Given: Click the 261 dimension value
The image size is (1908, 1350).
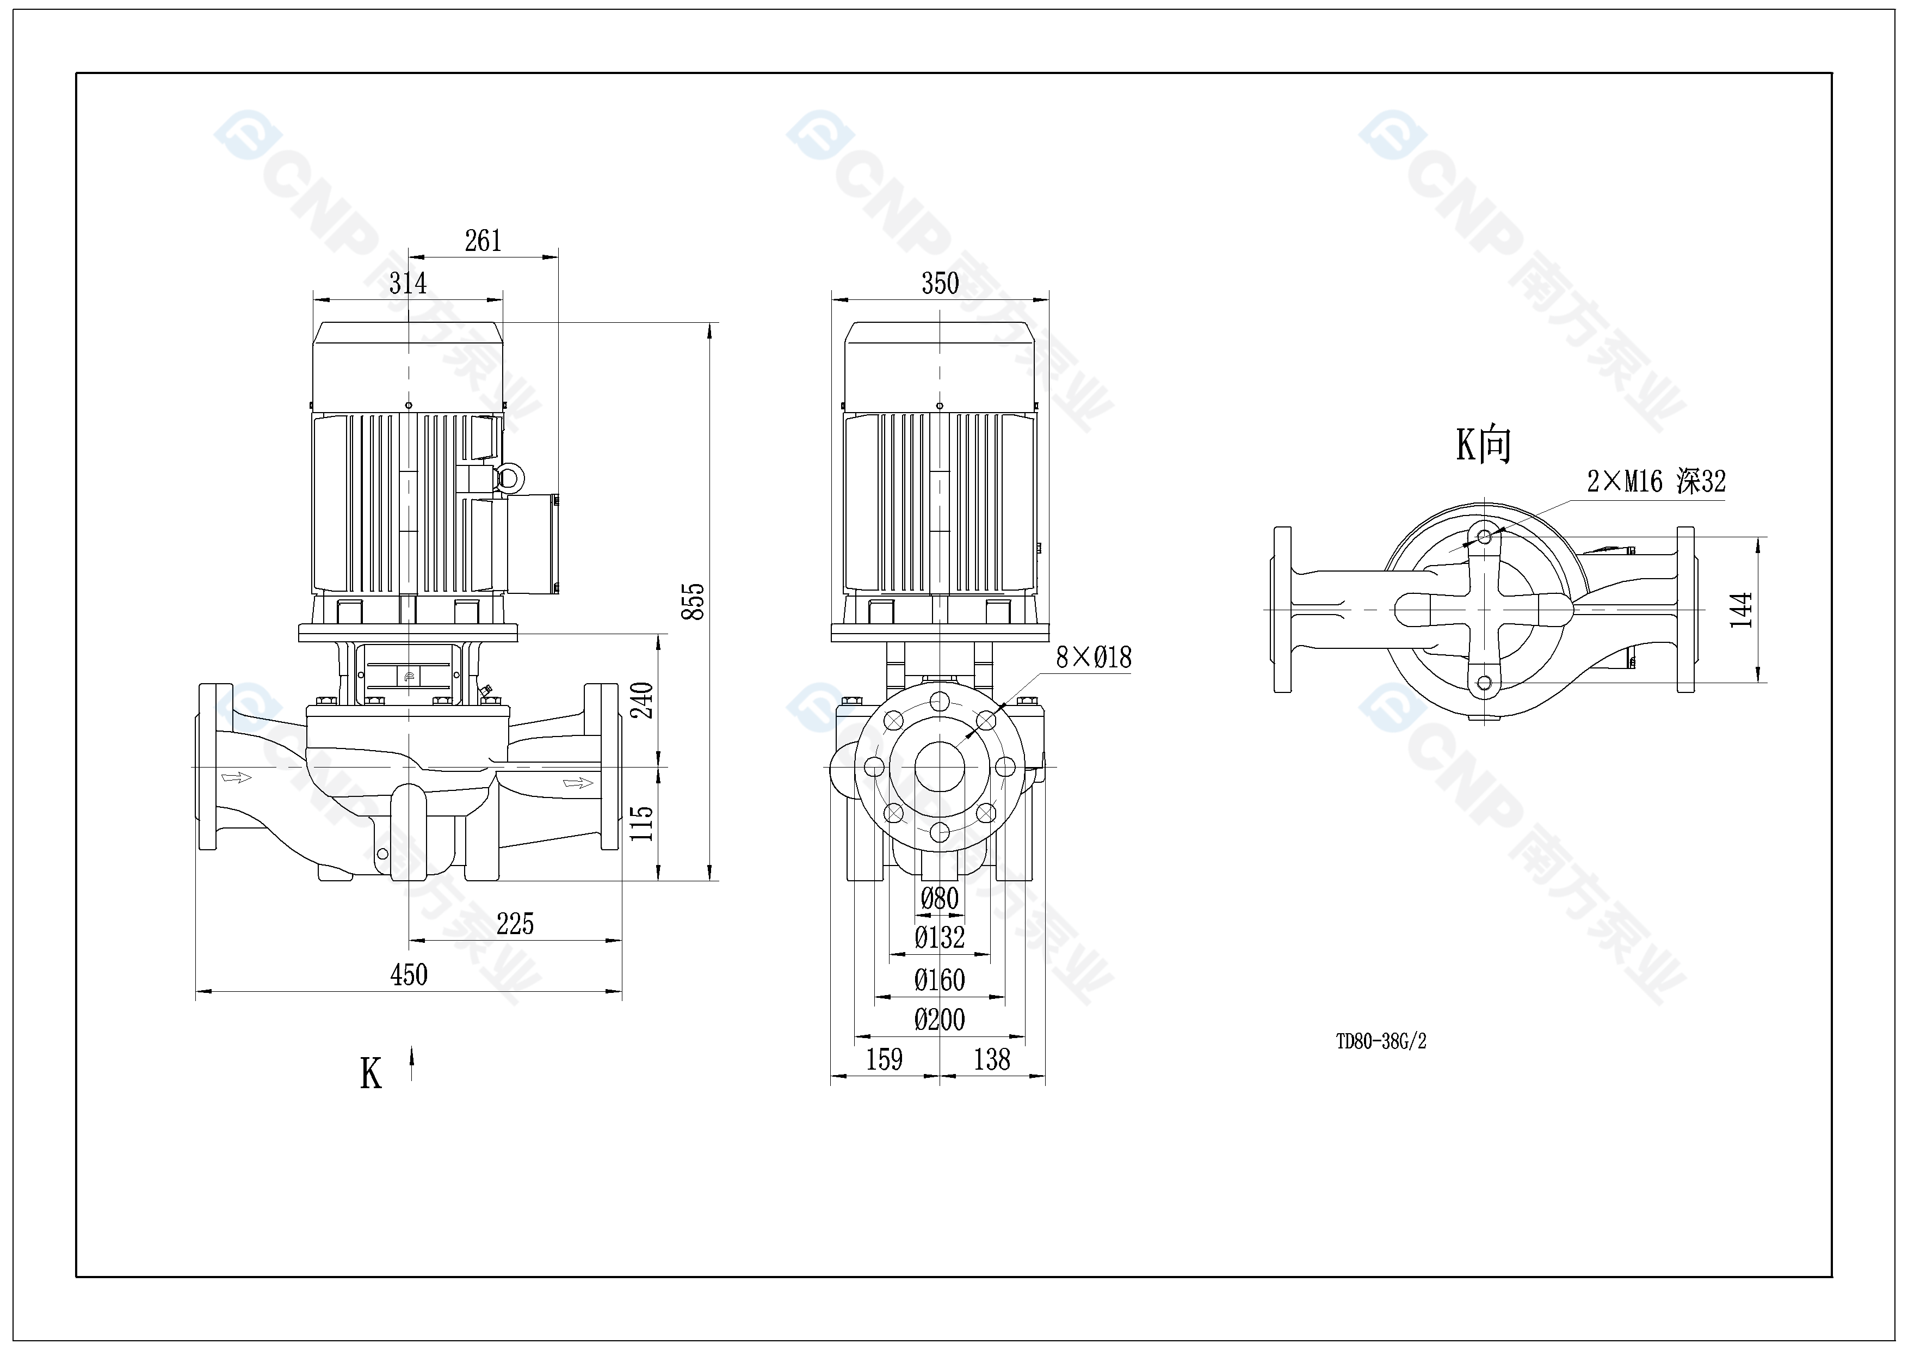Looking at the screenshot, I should pyautogui.click(x=483, y=242).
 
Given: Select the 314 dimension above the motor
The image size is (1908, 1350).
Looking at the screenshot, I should pyautogui.click(x=408, y=284).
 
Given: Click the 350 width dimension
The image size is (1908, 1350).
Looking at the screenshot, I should pyautogui.click(x=940, y=284).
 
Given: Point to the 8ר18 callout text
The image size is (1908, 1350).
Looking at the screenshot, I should pyautogui.click(x=1094, y=658).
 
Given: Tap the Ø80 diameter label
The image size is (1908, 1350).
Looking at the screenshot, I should pyautogui.click(x=940, y=899).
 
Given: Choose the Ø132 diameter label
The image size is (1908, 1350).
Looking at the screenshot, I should pyautogui.click(x=940, y=938).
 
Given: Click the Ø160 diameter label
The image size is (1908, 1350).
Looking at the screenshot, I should pyautogui.click(x=940, y=980).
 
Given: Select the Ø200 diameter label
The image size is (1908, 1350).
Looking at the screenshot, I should pyautogui.click(x=940, y=1020).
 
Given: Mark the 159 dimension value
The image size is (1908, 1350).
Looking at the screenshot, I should pyautogui.click(x=884, y=1060).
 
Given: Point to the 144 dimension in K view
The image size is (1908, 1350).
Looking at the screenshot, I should pyautogui.click(x=1741, y=609).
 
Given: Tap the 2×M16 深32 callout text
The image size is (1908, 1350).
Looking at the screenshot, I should pyautogui.click(x=1656, y=481).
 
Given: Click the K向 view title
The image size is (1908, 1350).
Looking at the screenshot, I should pyautogui.click(x=1483, y=445).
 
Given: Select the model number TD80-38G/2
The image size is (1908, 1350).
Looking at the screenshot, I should pyautogui.click(x=1381, y=1041).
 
